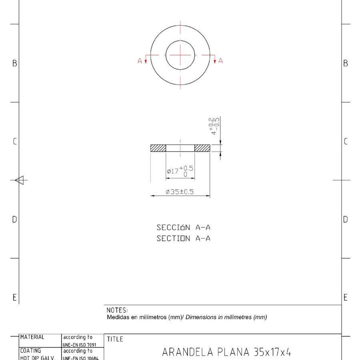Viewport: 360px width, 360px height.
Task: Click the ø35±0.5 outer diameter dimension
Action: (x=180, y=192)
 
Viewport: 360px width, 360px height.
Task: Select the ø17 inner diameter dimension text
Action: (x=180, y=171)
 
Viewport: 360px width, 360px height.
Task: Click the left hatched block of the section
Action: (x=158, y=148)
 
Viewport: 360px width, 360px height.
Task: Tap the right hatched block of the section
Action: (x=202, y=148)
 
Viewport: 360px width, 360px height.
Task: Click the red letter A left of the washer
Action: (x=140, y=61)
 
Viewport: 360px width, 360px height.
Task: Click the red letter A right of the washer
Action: (x=220, y=61)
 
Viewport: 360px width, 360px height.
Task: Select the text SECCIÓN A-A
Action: (x=183, y=228)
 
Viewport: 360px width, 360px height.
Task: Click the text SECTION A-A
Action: (x=183, y=238)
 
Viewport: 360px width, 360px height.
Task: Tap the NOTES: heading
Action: (x=117, y=310)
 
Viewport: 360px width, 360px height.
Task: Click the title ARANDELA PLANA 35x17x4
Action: (x=226, y=352)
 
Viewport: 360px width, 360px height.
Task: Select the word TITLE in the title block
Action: (x=115, y=339)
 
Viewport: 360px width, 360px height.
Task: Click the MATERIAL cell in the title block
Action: (x=32, y=337)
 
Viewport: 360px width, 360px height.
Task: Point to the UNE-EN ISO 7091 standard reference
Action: (x=80, y=345)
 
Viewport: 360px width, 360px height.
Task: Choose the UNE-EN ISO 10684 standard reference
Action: (x=80, y=358)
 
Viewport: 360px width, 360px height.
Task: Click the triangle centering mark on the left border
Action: (x=20, y=180)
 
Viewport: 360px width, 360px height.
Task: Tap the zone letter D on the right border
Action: (x=346, y=219)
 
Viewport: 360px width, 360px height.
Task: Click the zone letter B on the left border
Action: (x=15, y=63)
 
